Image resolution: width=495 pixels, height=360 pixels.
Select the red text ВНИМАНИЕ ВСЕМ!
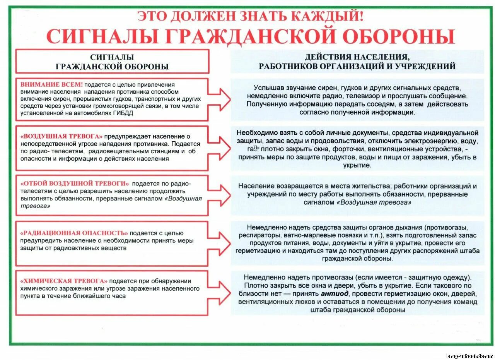pos(51,84)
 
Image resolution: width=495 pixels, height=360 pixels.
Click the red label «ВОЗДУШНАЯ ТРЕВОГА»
pos(61,136)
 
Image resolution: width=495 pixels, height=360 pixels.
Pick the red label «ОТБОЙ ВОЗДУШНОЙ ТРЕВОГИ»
pos(75,183)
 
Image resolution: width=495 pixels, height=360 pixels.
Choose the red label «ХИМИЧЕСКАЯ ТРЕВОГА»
pos(64,281)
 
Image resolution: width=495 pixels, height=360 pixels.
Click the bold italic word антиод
pos(335,294)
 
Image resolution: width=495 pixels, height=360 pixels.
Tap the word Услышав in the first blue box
pos(266,88)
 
